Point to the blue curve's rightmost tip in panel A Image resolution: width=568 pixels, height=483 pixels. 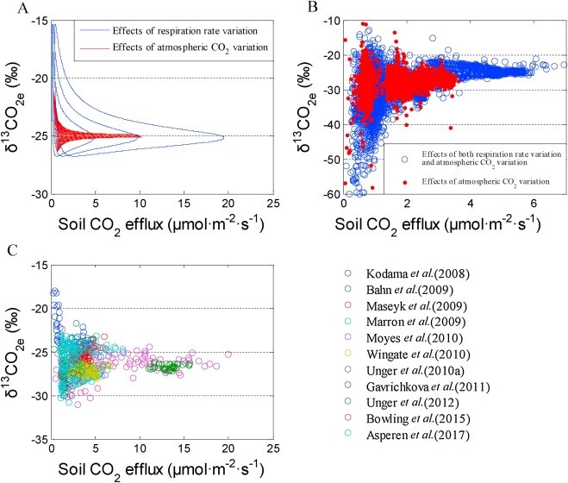pos(225,136)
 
